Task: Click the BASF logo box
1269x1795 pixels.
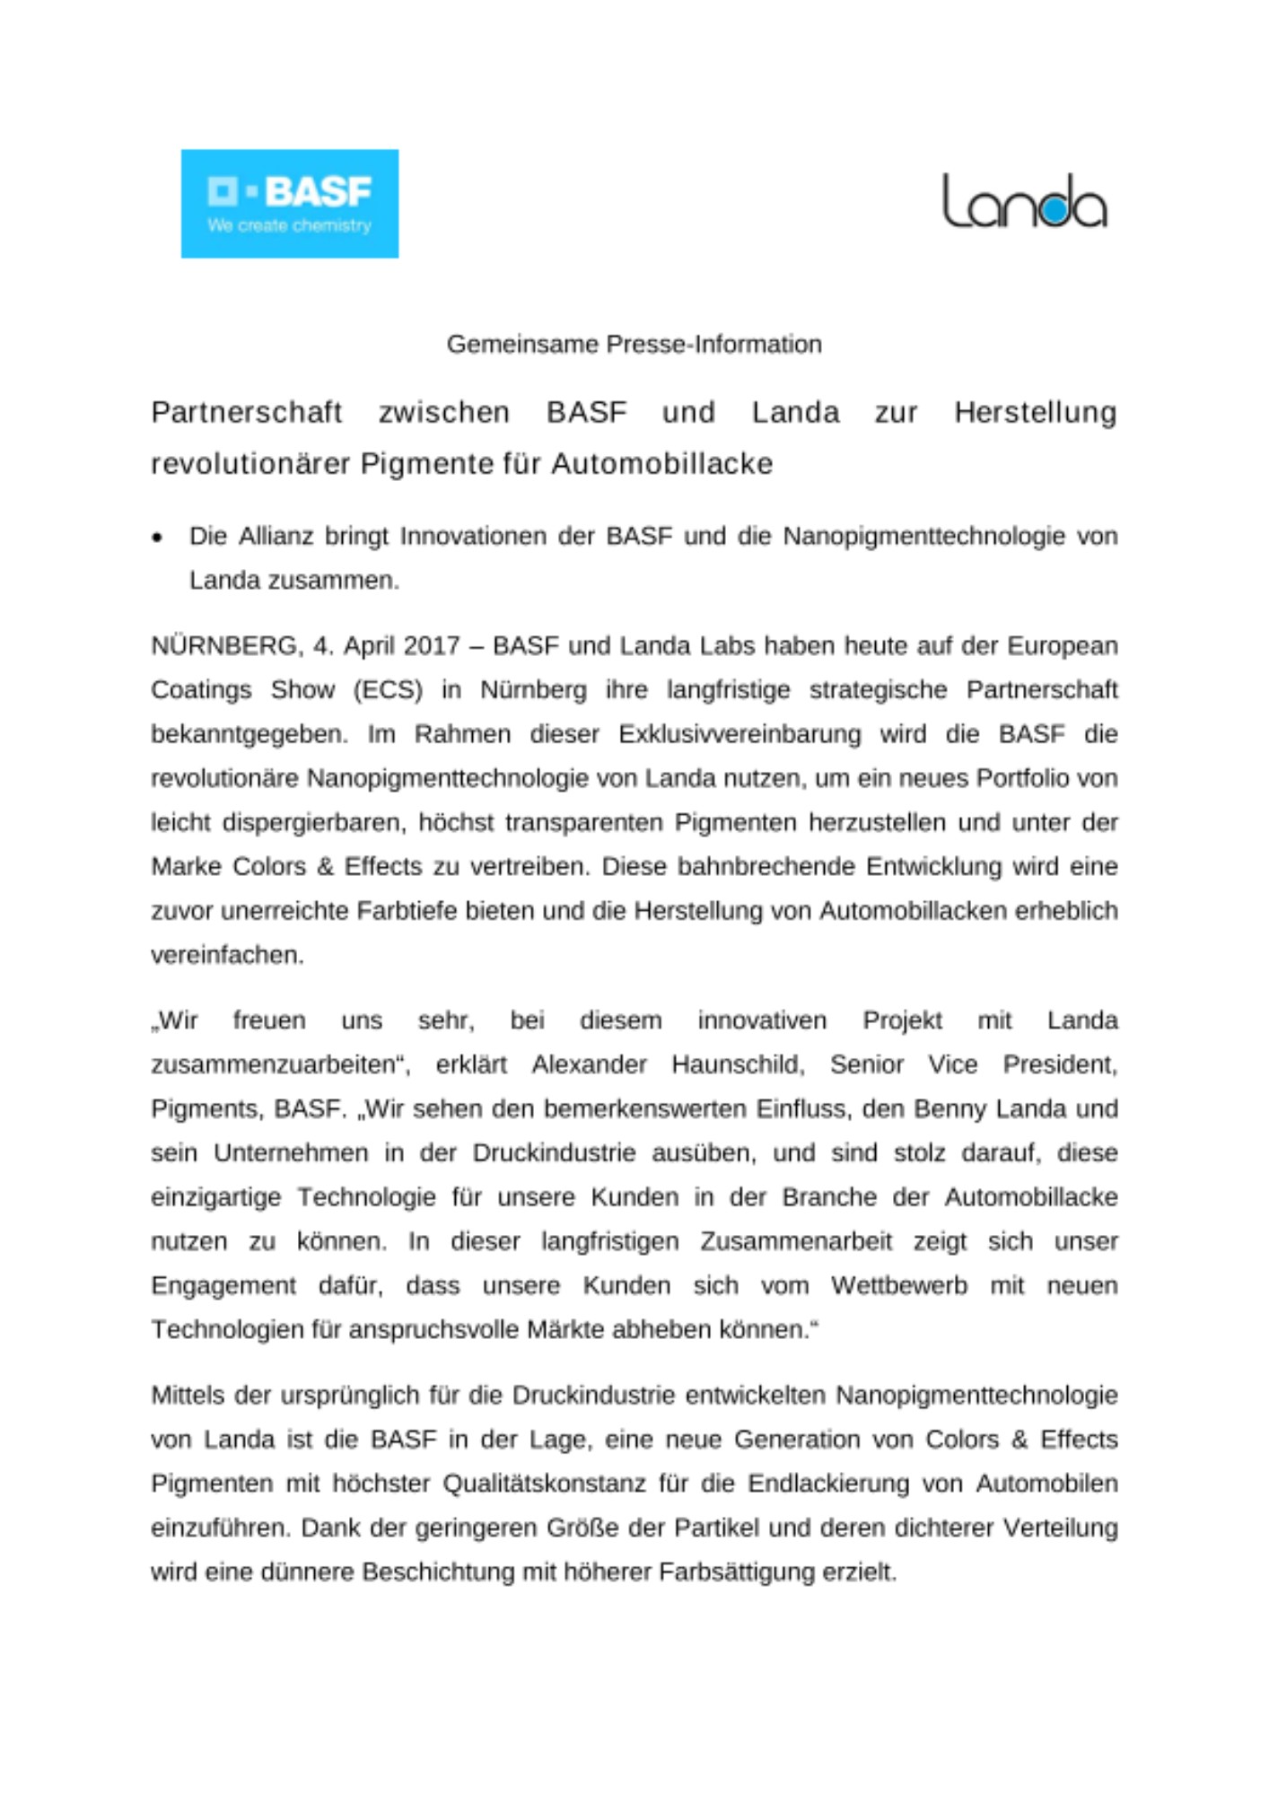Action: (x=289, y=204)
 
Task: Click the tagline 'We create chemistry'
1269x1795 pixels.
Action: (x=289, y=226)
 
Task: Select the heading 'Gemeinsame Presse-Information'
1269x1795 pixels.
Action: (x=634, y=344)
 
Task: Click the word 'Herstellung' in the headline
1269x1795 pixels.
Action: (x=1035, y=412)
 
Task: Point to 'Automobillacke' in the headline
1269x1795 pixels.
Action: (x=661, y=464)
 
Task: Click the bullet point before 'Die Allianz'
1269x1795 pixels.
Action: (x=158, y=538)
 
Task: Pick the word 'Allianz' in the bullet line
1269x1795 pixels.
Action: (x=274, y=536)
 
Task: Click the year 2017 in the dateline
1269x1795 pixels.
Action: (x=432, y=646)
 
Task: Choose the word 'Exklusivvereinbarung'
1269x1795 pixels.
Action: (x=739, y=734)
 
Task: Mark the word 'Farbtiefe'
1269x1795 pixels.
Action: (x=407, y=911)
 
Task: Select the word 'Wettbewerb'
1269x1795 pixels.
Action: (x=899, y=1285)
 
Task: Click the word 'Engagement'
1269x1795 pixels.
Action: (x=223, y=1285)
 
